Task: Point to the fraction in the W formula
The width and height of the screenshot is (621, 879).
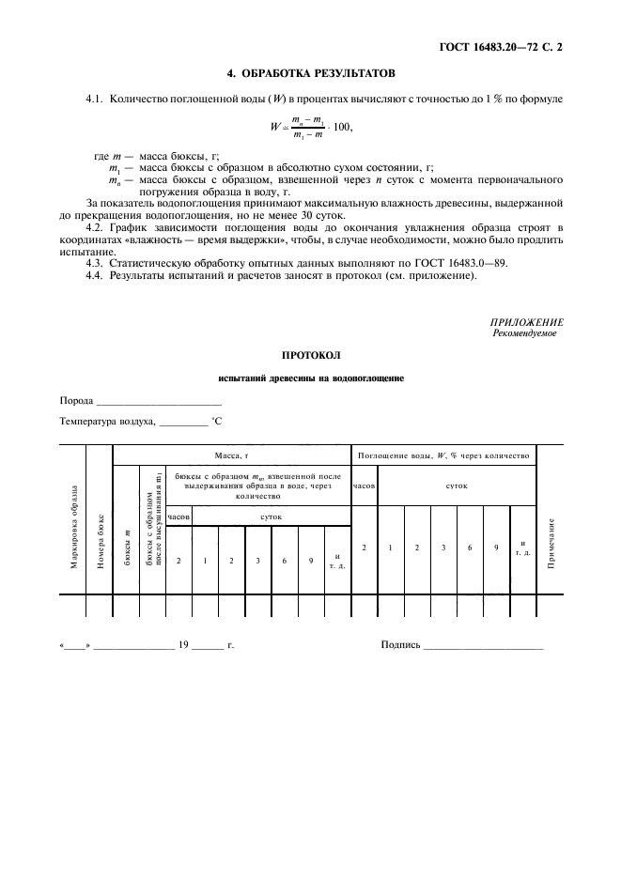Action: coord(311,125)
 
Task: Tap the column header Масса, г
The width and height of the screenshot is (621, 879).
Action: coord(231,455)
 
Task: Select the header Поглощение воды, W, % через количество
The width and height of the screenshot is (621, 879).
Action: coord(443,455)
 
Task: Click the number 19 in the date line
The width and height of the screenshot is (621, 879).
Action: coord(183,645)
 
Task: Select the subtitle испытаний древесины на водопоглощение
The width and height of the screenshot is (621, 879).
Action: coord(310,378)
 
